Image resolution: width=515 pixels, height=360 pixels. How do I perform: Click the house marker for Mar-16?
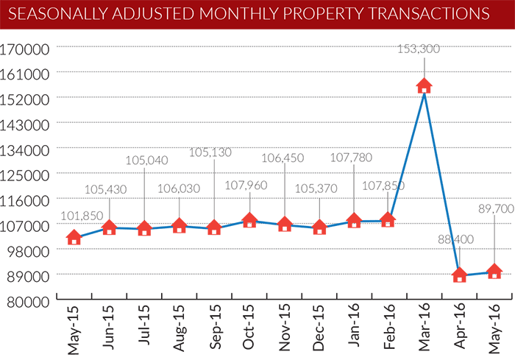click(424, 85)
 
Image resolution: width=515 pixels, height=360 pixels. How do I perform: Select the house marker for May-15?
click(74, 237)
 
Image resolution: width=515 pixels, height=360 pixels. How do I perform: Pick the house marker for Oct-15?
click(249, 220)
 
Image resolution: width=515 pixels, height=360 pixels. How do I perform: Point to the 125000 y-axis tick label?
click(28, 174)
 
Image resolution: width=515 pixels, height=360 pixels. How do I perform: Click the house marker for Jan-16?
click(354, 220)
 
